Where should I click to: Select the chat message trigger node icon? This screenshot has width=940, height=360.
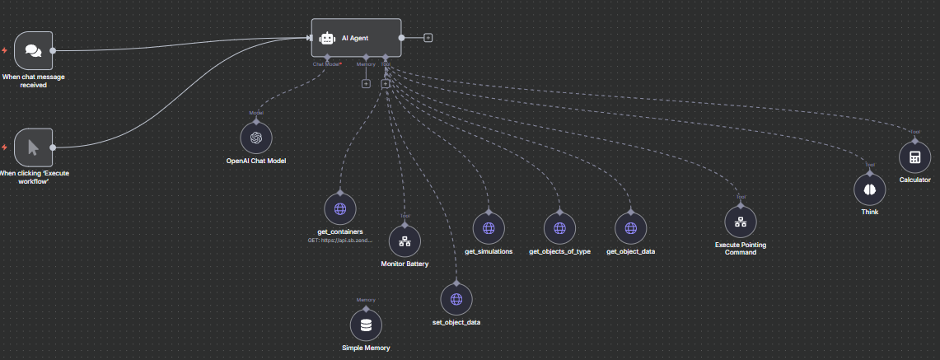coord(33,50)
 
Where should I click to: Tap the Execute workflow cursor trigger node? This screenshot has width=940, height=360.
coord(33,147)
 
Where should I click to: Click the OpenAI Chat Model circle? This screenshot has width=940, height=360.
coord(255,138)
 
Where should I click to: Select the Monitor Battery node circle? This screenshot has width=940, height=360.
coord(405,241)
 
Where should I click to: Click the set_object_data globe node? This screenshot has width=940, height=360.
coord(456,299)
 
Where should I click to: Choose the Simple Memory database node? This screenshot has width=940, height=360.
coord(366,325)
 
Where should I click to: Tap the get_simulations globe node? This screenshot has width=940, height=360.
coord(489,227)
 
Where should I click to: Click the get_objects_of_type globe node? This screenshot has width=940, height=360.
coord(559,227)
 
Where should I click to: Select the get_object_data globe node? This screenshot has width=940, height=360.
coord(631,227)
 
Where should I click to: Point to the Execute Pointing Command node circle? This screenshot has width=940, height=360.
coord(741,222)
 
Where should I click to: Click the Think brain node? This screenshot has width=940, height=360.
coord(869,189)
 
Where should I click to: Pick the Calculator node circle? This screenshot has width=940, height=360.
coord(914,157)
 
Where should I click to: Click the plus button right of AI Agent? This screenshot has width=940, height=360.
coord(428,38)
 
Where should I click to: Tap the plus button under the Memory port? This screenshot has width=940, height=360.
coord(366,82)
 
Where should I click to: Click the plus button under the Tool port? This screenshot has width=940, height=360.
coord(386,82)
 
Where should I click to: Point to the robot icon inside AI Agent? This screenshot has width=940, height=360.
coord(327,38)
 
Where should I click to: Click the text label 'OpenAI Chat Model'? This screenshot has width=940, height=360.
coord(255,160)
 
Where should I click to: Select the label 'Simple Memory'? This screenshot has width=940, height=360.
coord(366,348)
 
